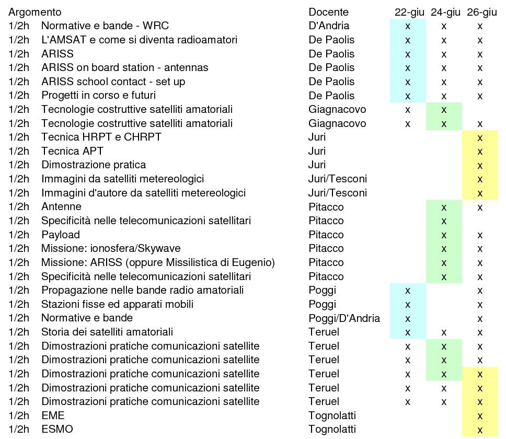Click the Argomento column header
pyautogui.click(x=35, y=12)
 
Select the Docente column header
pyautogui.click(x=328, y=12)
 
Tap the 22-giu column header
pyautogui.click(x=409, y=12)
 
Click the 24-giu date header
pyautogui.click(x=445, y=12)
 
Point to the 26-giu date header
pyautogui.click(x=481, y=12)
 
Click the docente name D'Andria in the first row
pyautogui.click(x=329, y=26)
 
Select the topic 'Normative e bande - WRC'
pyautogui.click(x=105, y=26)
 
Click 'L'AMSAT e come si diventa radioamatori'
pyautogui.click(x=140, y=40)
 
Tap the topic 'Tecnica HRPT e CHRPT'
pyautogui.click(x=101, y=137)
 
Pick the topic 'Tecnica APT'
pyautogui.click(x=72, y=151)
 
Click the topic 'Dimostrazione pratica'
pyautogui.click(x=94, y=165)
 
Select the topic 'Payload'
pyautogui.click(x=61, y=235)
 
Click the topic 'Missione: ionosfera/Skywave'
pyautogui.click(x=111, y=248)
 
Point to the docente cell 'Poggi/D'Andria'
pyautogui.click(x=344, y=318)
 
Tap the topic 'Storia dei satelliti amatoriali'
pyautogui.click(x=107, y=332)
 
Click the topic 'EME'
pyautogui.click(x=53, y=415)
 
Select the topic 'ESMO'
pyautogui.click(x=57, y=429)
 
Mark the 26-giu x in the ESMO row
pyautogui.click(x=480, y=430)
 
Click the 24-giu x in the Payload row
pyautogui.click(x=444, y=236)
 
